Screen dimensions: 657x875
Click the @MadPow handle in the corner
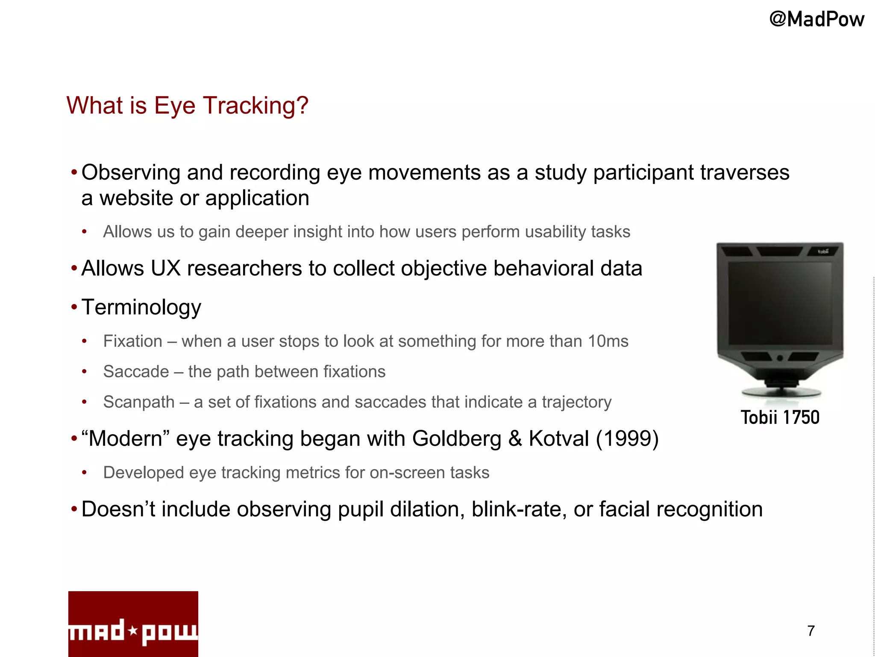(816, 19)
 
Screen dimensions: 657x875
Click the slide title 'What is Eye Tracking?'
(187, 105)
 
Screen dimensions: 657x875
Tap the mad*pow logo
(133, 624)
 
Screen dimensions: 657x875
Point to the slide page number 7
(811, 630)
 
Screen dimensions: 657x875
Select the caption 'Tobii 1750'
(780, 417)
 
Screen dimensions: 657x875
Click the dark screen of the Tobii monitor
(780, 303)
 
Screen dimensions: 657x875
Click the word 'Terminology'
(141, 307)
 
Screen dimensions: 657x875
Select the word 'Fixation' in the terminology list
(133, 341)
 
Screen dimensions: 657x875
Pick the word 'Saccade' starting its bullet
(136, 372)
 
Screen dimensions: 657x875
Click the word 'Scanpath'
(139, 402)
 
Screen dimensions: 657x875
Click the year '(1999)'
(627, 438)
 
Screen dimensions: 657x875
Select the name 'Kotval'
(559, 438)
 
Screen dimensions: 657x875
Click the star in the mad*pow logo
(133, 630)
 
